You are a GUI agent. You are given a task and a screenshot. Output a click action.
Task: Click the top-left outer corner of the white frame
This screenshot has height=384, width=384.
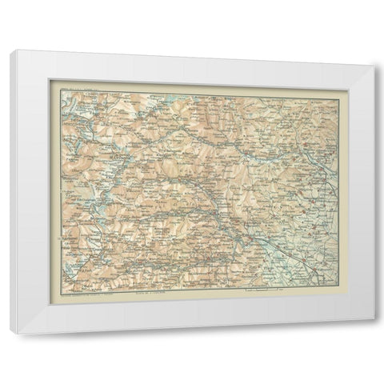coord(12,50)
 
